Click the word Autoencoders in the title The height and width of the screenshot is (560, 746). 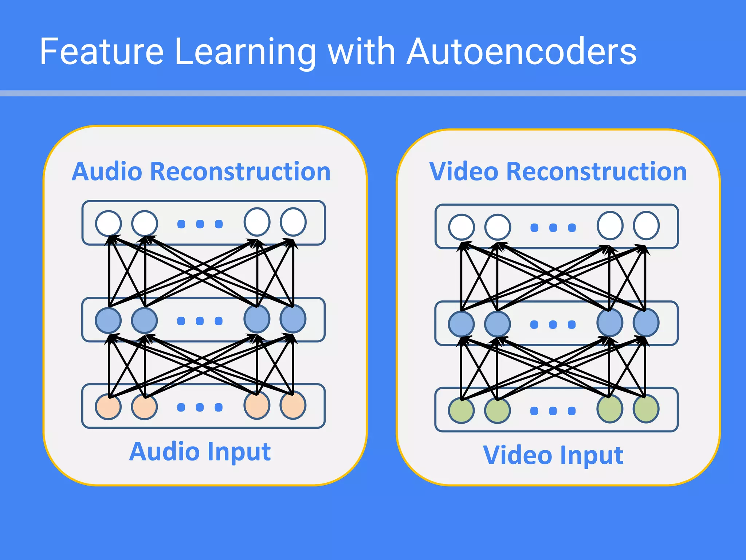(x=522, y=52)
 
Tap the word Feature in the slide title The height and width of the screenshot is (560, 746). (x=102, y=52)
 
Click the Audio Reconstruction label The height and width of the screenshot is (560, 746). (x=201, y=171)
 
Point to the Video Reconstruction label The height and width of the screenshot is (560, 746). (x=558, y=171)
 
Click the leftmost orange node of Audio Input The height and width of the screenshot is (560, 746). (x=108, y=407)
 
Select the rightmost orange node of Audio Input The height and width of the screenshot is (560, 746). (x=293, y=405)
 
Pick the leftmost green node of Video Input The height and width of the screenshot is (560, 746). (x=461, y=411)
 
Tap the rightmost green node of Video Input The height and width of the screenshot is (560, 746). (x=646, y=409)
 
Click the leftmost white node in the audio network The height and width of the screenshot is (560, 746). (x=108, y=223)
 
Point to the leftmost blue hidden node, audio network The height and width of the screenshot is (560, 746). (x=108, y=320)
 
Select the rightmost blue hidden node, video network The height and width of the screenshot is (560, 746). (x=646, y=323)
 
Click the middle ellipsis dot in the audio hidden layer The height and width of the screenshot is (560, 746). (x=200, y=321)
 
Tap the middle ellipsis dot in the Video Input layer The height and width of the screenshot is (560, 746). (x=553, y=411)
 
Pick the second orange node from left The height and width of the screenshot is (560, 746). (x=145, y=407)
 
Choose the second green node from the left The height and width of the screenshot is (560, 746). (x=498, y=411)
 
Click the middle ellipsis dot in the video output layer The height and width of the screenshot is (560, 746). (x=553, y=228)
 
